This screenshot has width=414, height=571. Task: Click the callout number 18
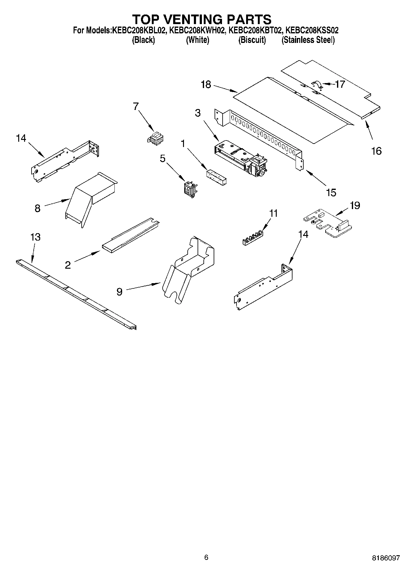pos(206,85)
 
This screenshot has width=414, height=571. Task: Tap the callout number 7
pos(136,106)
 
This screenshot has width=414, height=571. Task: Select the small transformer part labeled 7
pos(156,138)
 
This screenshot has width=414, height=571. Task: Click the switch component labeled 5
pos(190,189)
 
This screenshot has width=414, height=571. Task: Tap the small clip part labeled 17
pos(317,85)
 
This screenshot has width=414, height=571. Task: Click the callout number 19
pos(355,205)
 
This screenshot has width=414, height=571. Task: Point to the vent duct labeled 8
pos(90,199)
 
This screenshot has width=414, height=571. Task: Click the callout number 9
pos(119,292)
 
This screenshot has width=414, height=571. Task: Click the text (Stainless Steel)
pos(308,40)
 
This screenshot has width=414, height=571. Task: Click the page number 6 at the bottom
pos(206,557)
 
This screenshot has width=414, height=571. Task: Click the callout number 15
pos(331,192)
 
